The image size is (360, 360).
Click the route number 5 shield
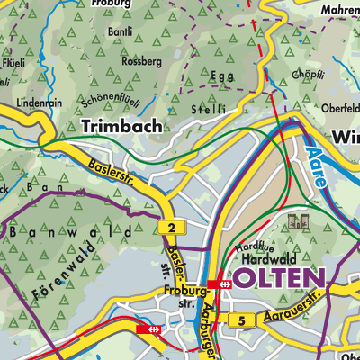point(241,320)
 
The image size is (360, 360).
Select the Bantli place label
point(119,32)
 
